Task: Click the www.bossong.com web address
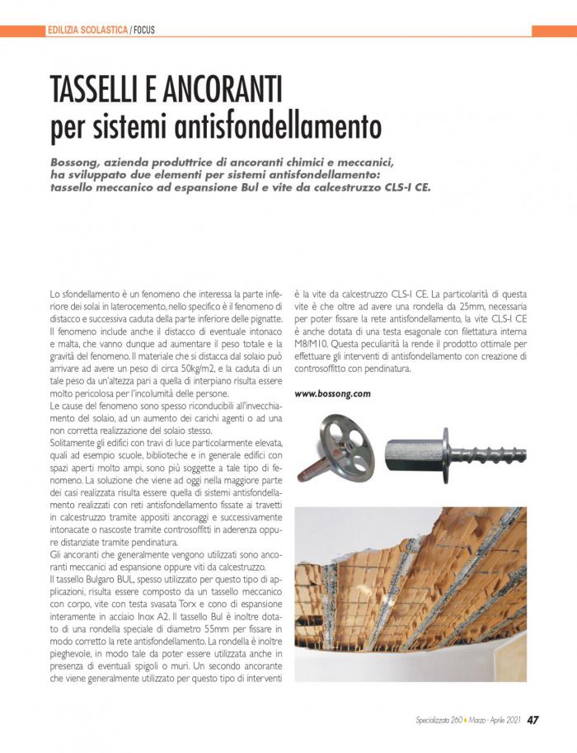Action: [x=332, y=393]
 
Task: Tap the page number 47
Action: [x=533, y=719]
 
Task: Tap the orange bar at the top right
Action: [x=553, y=31]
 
